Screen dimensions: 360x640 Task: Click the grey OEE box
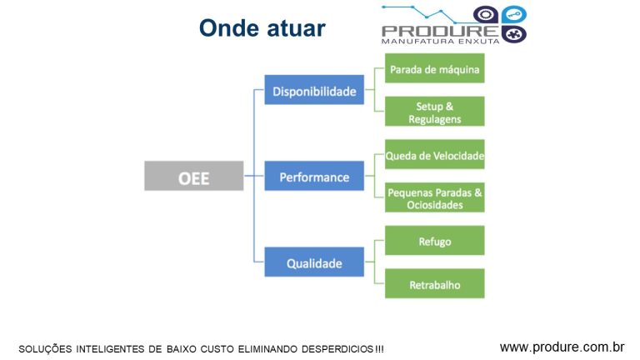pos(193,177)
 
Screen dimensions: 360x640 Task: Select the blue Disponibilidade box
pos(314,90)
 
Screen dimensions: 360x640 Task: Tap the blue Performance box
pos(314,177)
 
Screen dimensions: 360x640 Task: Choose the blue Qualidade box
pos(314,262)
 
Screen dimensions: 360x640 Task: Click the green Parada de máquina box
pos(434,69)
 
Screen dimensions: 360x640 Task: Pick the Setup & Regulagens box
pos(434,112)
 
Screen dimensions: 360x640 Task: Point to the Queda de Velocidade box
pos(434,155)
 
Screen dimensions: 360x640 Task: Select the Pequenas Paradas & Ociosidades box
pos(434,197)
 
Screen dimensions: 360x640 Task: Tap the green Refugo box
pos(434,241)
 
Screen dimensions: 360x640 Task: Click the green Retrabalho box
pos(434,284)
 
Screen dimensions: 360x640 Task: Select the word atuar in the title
pos(296,28)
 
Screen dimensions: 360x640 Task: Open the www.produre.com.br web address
pos(562,346)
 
